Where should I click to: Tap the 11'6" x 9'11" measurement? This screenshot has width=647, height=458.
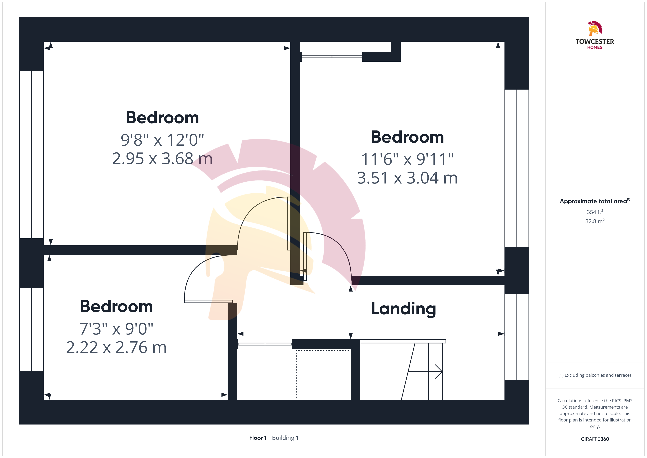click(407, 159)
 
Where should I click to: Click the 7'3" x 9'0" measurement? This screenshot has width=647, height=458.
click(116, 329)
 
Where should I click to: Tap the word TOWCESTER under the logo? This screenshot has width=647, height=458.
click(595, 41)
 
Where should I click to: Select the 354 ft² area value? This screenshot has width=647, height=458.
click(595, 212)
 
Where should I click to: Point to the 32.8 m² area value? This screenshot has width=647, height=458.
click(595, 221)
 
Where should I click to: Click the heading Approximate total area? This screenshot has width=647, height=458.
click(593, 201)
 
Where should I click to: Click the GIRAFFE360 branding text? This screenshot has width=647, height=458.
click(595, 439)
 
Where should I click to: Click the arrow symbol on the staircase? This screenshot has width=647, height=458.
click(425, 372)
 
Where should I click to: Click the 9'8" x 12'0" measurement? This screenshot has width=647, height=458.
click(162, 140)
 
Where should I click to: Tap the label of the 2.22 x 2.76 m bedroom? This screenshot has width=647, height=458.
click(116, 307)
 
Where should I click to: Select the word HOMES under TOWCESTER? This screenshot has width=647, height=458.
click(595, 47)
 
